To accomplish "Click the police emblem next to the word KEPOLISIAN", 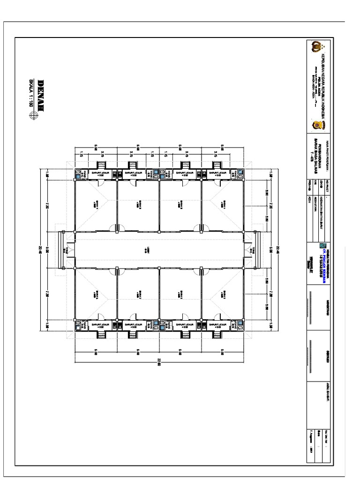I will point(315,47).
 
